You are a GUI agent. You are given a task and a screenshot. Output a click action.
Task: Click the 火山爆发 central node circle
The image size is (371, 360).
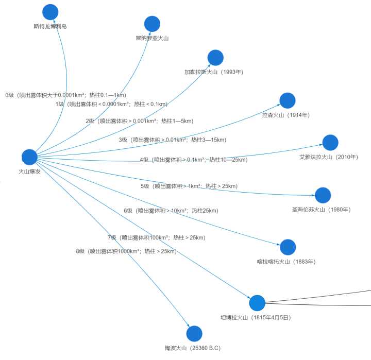tap(29, 157)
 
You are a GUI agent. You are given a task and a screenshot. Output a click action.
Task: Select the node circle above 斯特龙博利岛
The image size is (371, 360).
tap(50, 12)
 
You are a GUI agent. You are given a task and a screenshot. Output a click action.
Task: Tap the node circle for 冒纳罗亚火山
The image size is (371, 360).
tap(152, 24)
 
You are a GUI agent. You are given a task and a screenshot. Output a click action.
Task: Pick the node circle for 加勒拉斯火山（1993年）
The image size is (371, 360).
tap(215, 58)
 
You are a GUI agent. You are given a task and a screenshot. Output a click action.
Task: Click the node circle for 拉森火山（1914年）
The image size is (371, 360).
tap(287, 100)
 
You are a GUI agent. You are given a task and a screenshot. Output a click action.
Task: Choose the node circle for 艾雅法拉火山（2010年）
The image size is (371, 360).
tap(330, 143)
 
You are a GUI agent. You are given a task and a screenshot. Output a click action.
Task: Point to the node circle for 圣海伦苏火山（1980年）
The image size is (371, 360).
tap(323, 195)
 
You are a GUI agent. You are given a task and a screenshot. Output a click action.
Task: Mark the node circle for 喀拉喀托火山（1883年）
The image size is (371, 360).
tap(288, 247)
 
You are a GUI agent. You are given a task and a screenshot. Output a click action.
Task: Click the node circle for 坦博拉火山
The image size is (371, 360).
tap(257, 303)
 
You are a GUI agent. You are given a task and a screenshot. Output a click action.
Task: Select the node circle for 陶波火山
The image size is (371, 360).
tap(194, 334)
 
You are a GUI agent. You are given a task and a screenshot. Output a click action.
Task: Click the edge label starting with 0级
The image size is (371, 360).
tap(65, 95)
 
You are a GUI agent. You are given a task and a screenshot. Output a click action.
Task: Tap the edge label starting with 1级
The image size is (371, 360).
tap(111, 104)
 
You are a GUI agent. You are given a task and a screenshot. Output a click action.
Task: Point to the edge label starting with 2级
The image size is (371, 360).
tap(139, 121)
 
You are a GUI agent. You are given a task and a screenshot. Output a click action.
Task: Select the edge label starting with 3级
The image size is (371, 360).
tap(172, 140)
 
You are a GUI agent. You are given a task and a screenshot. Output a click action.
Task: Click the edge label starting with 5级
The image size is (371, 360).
tap(189, 186)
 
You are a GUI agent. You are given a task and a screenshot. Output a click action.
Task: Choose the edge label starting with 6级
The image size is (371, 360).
tap(171, 211)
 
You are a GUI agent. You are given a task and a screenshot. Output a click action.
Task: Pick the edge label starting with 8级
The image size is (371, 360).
tap(126, 251)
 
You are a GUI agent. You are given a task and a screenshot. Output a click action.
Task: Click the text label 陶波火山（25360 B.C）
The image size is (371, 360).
tap(193, 348)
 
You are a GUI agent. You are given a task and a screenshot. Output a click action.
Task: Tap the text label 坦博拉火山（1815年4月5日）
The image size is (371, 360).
tap(255, 318)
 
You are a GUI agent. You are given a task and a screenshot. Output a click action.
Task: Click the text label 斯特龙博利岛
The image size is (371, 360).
tap(50, 26)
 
